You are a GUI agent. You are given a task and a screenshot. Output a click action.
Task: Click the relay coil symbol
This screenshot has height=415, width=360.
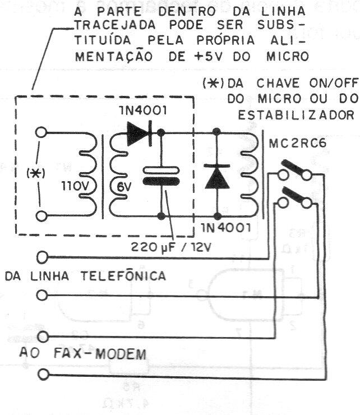(x=247, y=174)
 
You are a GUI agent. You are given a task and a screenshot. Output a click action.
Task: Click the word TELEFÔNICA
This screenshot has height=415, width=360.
(x=124, y=276)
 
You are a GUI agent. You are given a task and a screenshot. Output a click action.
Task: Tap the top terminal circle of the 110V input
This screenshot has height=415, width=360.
(x=40, y=133)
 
